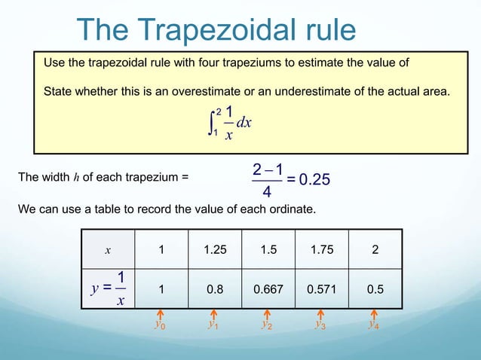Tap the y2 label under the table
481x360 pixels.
[267, 325]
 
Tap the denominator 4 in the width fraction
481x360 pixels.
[268, 194]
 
